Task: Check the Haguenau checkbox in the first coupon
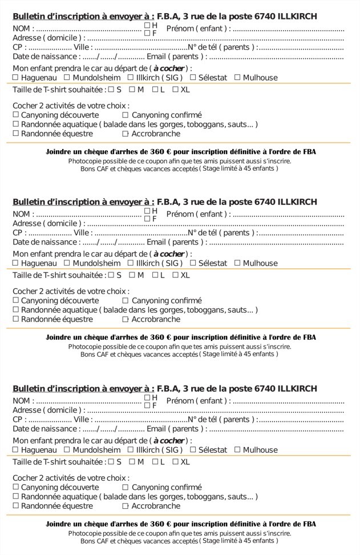(16, 78)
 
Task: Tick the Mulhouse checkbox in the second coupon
(237, 263)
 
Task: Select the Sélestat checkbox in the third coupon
(193, 450)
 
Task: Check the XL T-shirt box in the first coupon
(175, 90)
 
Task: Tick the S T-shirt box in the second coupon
(111, 275)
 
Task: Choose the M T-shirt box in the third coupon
(132, 462)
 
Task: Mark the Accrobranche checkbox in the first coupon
(126, 134)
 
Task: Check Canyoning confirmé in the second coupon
(126, 300)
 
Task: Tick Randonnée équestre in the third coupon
(16, 506)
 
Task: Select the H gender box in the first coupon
(147, 25)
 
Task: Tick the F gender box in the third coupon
(147, 405)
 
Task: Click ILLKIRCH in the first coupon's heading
(297, 16)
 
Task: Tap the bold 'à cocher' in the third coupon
(169, 441)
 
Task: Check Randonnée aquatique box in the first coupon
(16, 124)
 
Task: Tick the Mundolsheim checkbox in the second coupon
(67, 263)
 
